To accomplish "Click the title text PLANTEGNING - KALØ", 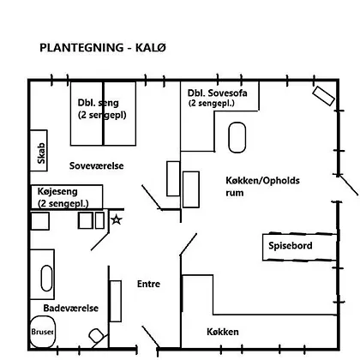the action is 103,48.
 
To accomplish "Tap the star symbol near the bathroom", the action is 117,219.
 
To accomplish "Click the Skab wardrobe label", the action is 41,153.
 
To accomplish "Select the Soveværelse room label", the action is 97,165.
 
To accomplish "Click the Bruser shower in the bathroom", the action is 43,332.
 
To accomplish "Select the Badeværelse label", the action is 71,308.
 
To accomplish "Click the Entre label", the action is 148,284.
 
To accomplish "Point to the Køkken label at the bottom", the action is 223,332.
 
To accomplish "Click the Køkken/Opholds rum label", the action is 262,186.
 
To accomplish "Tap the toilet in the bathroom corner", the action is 96,336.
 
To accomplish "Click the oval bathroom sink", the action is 47,279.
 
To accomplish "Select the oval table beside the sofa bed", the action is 237,137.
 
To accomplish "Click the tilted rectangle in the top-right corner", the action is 323,96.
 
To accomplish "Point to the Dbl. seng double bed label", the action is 102,109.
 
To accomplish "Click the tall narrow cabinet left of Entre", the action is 116,301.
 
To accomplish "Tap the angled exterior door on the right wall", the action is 349,186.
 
